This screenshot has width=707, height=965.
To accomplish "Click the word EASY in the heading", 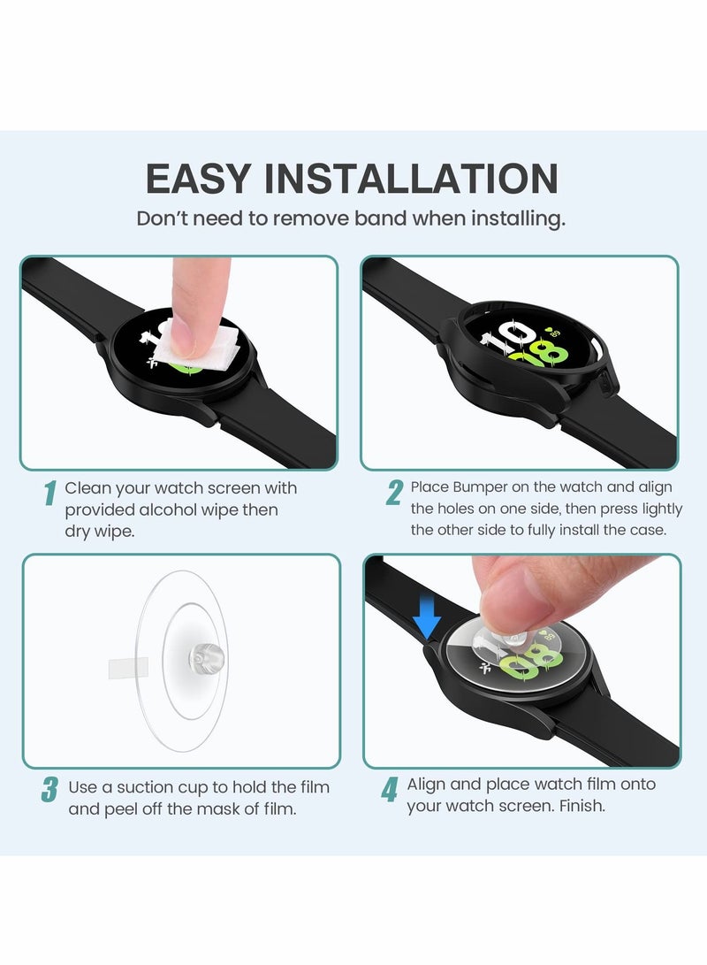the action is point(198,179).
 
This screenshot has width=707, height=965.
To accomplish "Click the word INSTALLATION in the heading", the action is point(411,179).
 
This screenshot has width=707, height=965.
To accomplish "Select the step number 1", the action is point(50,493).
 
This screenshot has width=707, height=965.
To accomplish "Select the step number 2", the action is point(395,493).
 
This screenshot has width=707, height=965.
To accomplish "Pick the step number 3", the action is point(49,790).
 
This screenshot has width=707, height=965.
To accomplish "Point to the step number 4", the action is point(389,790).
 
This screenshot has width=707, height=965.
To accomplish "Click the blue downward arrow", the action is point(427,617).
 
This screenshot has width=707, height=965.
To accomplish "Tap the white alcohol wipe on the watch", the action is point(197,349).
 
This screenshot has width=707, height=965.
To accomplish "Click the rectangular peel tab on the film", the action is point(128,668).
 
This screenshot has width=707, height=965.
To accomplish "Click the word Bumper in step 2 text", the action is point(480,487).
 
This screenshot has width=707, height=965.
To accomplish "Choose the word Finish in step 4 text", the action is point(582,806).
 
